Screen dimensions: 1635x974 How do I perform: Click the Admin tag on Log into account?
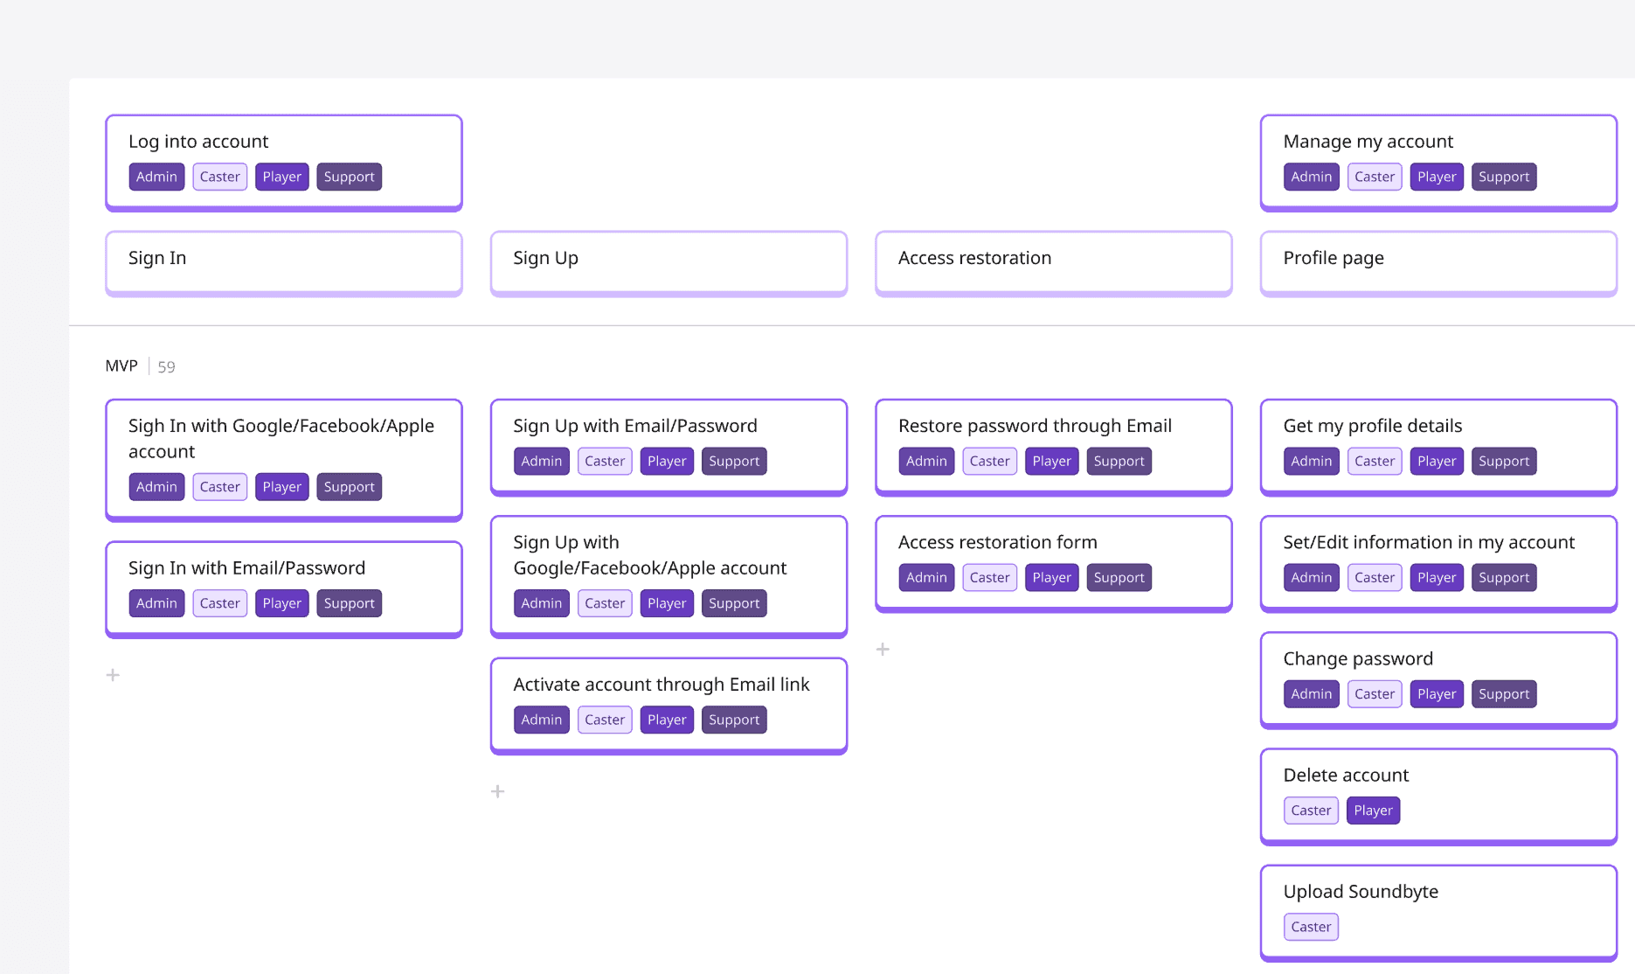(156, 177)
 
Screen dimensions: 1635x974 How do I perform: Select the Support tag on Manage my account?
(1504, 177)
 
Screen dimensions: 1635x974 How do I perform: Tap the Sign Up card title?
(546, 258)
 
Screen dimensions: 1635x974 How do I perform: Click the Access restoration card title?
(974, 258)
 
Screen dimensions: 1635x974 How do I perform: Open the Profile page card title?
(1334, 258)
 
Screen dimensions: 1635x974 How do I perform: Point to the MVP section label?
(121, 365)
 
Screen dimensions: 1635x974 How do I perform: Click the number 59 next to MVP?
(166, 366)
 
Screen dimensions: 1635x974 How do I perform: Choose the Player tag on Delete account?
(1373, 811)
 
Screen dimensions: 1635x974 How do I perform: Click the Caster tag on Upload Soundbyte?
(1311, 927)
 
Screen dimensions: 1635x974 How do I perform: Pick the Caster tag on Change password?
(1375, 694)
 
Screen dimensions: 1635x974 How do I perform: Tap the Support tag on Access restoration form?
(1119, 578)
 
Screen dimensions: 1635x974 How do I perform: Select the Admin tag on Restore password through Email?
(926, 462)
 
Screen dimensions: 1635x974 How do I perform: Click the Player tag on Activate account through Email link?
(667, 720)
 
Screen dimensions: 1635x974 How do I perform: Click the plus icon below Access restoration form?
(883, 650)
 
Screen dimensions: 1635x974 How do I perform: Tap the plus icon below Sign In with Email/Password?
(113, 675)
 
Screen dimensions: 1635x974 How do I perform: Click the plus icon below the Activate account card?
(498, 791)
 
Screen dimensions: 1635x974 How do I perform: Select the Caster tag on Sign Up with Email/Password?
(605, 462)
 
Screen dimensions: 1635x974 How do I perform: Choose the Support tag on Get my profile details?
(1504, 462)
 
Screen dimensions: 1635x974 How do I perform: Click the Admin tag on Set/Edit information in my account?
(1312, 578)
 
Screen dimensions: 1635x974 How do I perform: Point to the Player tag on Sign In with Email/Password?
(281, 604)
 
